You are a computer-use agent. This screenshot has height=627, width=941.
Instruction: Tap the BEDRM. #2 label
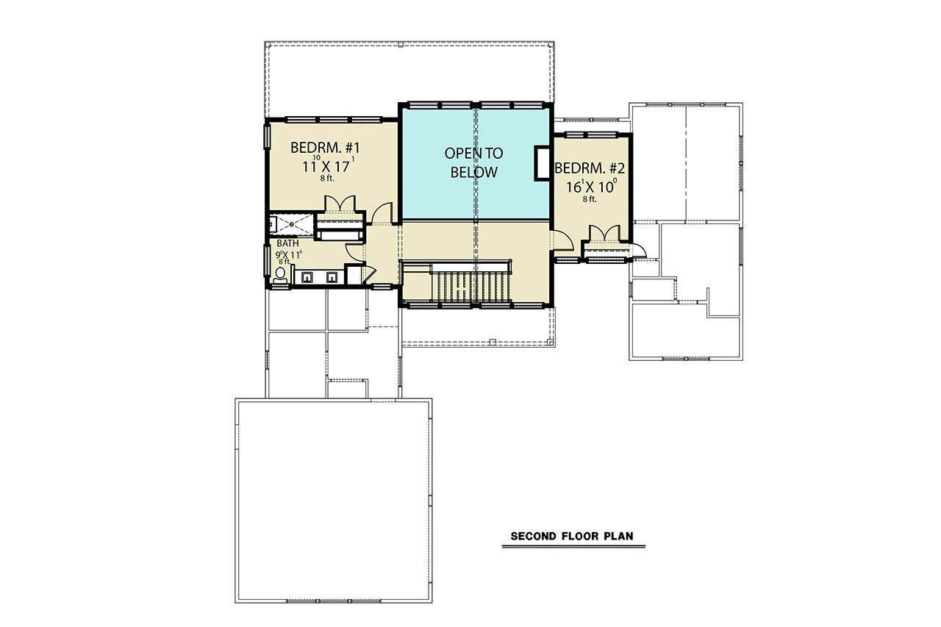pos(590,167)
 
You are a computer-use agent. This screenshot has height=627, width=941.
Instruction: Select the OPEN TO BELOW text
pos(474,163)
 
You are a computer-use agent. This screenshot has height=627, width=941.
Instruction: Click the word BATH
pos(287,243)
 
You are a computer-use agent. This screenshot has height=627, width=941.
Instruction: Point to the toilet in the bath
pos(280,276)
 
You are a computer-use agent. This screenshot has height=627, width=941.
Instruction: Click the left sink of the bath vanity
pos(307,277)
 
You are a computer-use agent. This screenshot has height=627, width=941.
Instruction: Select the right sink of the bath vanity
pos(332,277)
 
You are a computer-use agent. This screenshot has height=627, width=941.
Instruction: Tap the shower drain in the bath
pos(292,223)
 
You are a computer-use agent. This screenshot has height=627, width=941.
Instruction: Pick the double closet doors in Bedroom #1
pos(339,204)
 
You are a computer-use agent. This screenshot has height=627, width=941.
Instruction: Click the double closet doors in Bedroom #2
pos(607,234)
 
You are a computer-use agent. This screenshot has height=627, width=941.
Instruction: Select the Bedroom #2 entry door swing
pos(562,240)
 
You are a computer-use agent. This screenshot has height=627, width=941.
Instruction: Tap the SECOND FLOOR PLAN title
pos(577,537)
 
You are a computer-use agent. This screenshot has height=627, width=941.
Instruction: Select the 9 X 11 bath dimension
pos(289,254)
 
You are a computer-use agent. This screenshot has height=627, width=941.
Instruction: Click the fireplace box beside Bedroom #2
pos(543,163)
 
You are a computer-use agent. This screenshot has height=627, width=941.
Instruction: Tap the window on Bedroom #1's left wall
pos(267,137)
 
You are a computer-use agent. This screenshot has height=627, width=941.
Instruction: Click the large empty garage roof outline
pos(333,500)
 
